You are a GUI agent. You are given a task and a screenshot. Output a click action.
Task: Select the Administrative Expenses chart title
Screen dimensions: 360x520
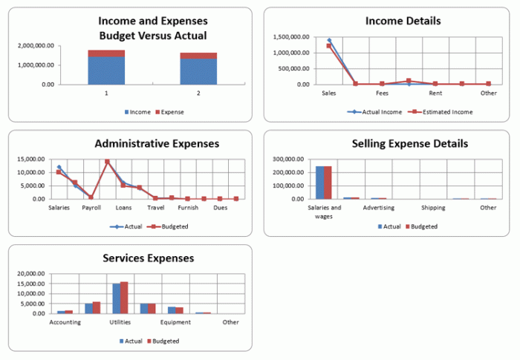tap(157, 143)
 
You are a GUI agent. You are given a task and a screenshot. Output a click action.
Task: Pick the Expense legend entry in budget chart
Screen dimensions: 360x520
tap(170, 112)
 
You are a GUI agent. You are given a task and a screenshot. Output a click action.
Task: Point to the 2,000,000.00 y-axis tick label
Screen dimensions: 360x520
tap(36, 46)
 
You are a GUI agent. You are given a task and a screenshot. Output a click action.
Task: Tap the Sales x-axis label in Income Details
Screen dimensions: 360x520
tap(328, 94)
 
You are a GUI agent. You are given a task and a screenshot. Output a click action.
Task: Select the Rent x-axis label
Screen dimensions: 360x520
tap(435, 94)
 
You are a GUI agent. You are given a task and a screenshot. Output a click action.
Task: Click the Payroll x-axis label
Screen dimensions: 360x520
tap(91, 209)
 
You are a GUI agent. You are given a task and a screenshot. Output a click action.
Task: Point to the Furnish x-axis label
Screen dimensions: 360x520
tap(188, 209)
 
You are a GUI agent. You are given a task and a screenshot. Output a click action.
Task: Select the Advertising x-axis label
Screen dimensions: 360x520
tap(379, 208)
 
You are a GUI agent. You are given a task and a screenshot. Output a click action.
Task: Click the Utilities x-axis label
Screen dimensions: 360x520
tap(120, 323)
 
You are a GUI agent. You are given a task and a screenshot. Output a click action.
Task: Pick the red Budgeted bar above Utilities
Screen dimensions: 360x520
tap(124, 298)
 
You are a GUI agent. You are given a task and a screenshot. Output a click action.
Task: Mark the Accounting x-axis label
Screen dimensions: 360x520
tap(65, 323)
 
